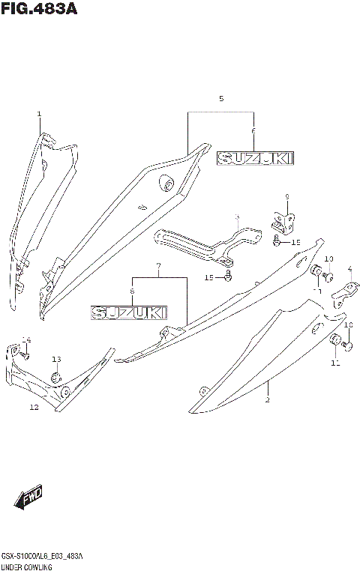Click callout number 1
(40, 114)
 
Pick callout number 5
(221, 99)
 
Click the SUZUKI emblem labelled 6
(255, 158)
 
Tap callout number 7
(158, 266)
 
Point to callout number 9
(286, 196)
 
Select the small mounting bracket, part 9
(281, 221)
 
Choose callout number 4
(349, 269)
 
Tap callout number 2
(267, 401)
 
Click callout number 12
(34, 408)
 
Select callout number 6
(254, 131)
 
